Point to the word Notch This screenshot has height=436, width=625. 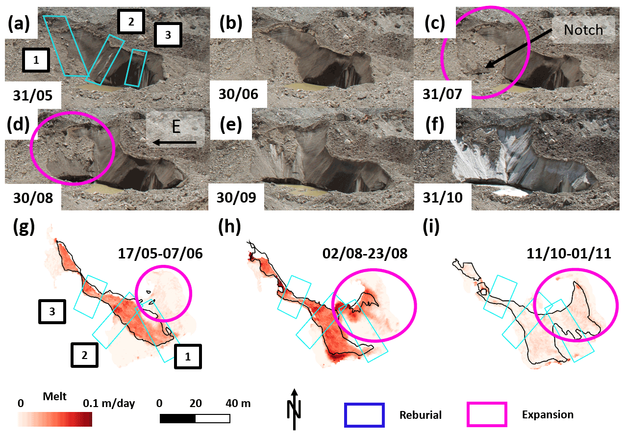[583, 29]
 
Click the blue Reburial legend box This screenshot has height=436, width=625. [364, 414]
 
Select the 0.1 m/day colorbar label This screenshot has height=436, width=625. [109, 404]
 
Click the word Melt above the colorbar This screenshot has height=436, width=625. [54, 396]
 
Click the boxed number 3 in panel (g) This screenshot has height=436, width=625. [52, 312]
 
